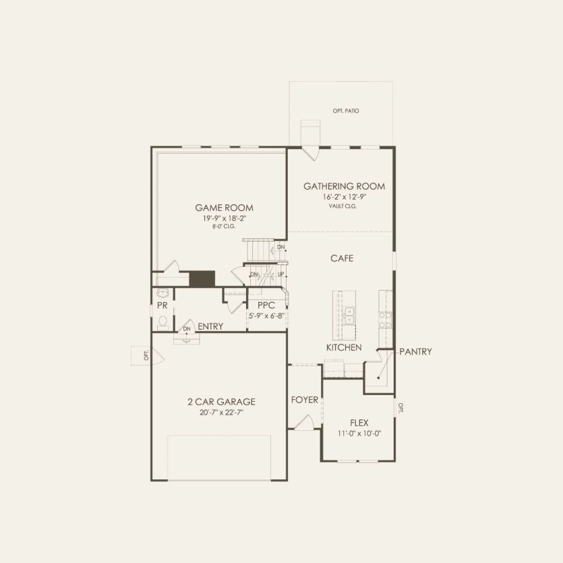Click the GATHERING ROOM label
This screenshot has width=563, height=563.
click(344, 186)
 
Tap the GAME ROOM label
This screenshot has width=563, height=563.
click(225, 208)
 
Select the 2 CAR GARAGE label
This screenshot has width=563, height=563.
click(221, 402)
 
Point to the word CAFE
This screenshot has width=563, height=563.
click(342, 258)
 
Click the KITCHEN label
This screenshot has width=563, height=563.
click(344, 347)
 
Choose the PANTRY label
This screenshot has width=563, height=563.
click(415, 351)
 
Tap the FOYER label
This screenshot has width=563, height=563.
click(304, 400)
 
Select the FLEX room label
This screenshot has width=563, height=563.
click(359, 423)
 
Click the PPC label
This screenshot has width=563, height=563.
click(267, 305)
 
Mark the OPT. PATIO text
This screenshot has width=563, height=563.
click(345, 110)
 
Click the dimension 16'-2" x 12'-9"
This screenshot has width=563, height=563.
click(344, 197)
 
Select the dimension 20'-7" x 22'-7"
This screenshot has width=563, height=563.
click(221, 412)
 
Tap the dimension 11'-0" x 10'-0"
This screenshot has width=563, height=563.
click(359, 434)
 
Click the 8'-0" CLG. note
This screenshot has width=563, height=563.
click(225, 227)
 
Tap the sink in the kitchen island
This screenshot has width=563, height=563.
click(349, 314)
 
